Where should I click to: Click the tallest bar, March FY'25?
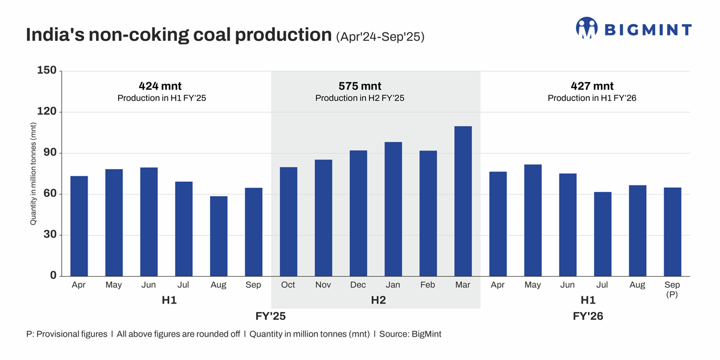tap(463, 201)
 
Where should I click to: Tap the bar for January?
tap(393, 209)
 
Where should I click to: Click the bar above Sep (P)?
tap(672, 232)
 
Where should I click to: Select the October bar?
tap(288, 221)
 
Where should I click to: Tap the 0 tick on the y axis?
tap(53, 276)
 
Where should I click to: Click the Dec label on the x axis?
tap(358, 285)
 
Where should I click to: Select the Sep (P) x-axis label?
tap(672, 289)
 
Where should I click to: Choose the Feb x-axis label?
tap(428, 285)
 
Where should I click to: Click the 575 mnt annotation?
tap(360, 86)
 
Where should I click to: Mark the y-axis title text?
tap(34, 173)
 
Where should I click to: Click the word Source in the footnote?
tap(395, 334)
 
